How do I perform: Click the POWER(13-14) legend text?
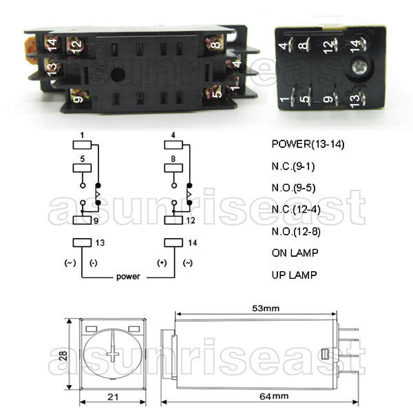[x=307, y=145]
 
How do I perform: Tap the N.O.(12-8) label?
[x=298, y=232]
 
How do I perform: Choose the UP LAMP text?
[x=295, y=275]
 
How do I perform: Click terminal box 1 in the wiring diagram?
[x=82, y=145]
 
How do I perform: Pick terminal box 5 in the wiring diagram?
[x=82, y=168]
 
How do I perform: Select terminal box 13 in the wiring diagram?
[x=82, y=242]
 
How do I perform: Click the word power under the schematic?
[x=128, y=277]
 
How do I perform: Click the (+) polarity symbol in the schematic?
[x=163, y=263]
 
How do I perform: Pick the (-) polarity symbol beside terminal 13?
[x=92, y=263]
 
